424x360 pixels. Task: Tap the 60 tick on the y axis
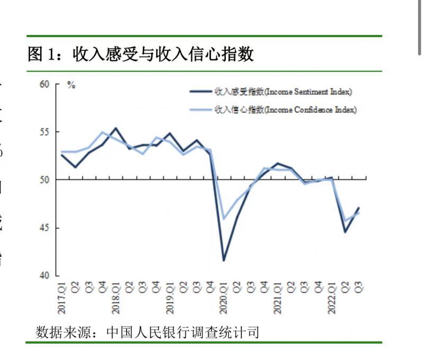[x=44, y=84]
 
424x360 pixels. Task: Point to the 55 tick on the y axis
[x=44, y=132]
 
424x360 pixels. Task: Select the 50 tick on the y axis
[x=44, y=180]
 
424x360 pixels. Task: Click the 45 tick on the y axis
[x=44, y=228]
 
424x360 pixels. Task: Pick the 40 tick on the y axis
[x=44, y=276]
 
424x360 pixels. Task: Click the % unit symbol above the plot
[x=71, y=85]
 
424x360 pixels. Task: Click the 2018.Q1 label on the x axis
[x=116, y=298]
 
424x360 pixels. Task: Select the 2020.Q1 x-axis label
[x=224, y=298]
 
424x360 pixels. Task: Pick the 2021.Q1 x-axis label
[x=277, y=298]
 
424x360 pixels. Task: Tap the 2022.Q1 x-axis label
[x=331, y=298]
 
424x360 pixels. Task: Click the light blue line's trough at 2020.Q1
[x=224, y=218]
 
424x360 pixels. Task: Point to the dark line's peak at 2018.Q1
[x=116, y=128]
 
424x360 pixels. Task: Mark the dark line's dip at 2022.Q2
[x=345, y=232]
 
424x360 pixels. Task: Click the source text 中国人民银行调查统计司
[x=183, y=332]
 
